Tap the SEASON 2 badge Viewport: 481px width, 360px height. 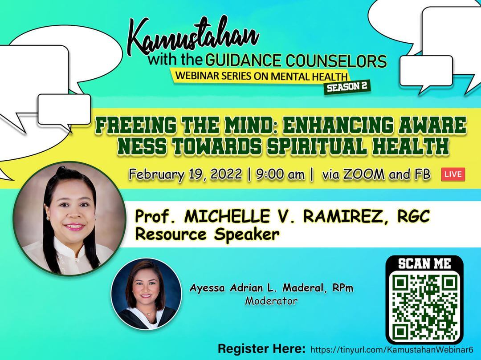(x=347, y=87)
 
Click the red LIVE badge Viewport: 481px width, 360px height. (x=453, y=174)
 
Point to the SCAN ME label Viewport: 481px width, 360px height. (x=424, y=263)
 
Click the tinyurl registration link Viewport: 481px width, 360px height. (x=392, y=350)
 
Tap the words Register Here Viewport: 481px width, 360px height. (x=262, y=349)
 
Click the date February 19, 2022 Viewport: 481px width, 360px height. (x=186, y=174)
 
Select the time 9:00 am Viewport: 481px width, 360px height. (x=281, y=174)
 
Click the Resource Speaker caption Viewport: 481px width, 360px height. (x=208, y=235)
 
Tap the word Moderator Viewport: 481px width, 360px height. (x=271, y=301)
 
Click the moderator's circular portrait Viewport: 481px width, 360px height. (x=147, y=294)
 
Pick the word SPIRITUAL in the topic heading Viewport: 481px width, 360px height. (x=316, y=146)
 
